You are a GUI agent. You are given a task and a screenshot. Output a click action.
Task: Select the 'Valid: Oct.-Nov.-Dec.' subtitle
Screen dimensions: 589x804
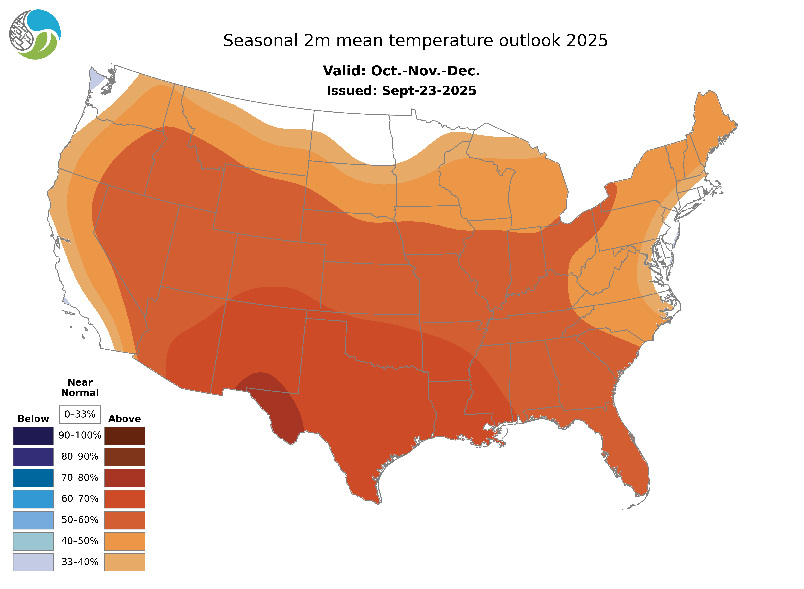[401, 71]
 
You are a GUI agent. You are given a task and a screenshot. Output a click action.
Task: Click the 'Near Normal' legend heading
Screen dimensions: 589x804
[80, 388]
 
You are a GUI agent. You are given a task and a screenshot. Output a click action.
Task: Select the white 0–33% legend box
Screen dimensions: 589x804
[80, 414]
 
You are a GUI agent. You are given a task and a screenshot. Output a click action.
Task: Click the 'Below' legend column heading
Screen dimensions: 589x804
[33, 419]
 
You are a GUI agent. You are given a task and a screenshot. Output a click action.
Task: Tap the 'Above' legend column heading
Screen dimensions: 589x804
[124, 419]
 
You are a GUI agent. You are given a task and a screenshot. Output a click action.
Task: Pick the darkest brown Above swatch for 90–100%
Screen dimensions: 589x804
[124, 436]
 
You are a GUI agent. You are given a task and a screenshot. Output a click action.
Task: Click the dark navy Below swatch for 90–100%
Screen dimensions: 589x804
[33, 436]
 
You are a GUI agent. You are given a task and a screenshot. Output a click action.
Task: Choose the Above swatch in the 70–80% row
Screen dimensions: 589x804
[124, 478]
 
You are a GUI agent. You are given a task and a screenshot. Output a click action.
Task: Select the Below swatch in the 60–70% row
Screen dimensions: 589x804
[33, 499]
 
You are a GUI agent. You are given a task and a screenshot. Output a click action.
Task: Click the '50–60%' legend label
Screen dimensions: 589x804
[80, 520]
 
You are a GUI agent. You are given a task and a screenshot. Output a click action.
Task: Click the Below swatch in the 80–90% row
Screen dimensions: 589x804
[33, 457]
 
